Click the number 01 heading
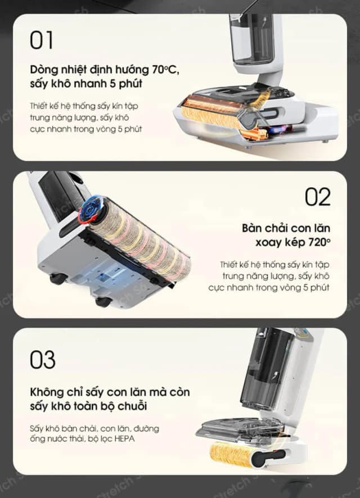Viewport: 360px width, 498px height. point(42,40)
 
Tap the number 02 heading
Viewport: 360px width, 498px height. point(318,197)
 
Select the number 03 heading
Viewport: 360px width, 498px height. point(43,360)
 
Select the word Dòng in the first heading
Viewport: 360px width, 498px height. point(45,71)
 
